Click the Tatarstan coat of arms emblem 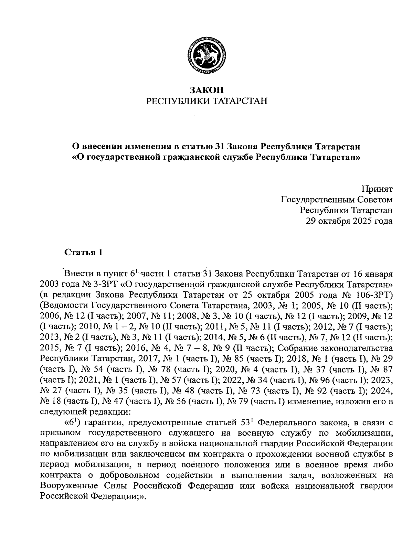point(206,55)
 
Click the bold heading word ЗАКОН point(207,90)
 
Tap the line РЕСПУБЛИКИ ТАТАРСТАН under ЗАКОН point(207,101)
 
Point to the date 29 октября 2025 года point(349,221)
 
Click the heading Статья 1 point(84,252)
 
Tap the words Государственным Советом point(337,200)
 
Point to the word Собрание point(293,337)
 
